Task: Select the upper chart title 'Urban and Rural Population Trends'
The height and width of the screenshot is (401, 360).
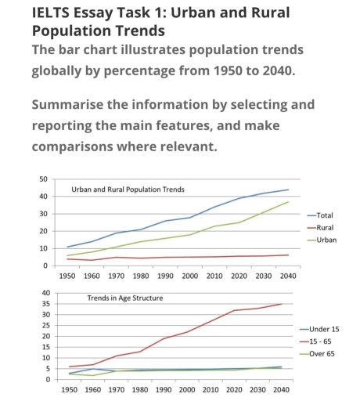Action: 128,190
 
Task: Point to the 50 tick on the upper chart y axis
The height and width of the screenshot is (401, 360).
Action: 43,179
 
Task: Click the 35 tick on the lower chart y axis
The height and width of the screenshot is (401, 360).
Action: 45,304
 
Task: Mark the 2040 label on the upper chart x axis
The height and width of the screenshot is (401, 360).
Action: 287,276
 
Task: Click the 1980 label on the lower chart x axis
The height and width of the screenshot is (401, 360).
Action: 142,388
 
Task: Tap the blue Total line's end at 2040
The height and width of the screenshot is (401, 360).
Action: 287,190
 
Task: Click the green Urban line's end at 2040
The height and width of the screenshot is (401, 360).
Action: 287,202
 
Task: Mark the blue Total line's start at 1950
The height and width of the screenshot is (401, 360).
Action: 67,247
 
